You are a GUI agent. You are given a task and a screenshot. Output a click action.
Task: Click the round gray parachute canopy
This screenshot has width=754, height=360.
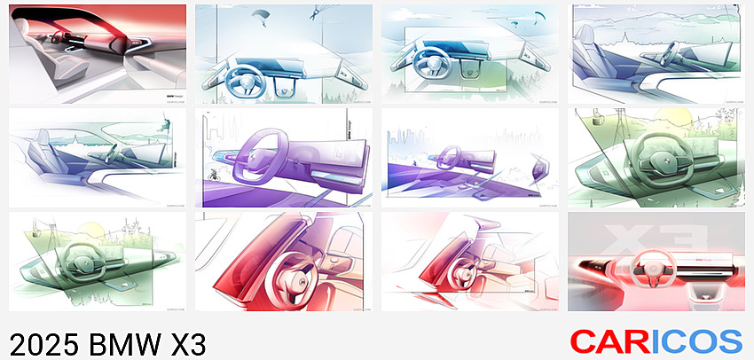coord(261,13)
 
